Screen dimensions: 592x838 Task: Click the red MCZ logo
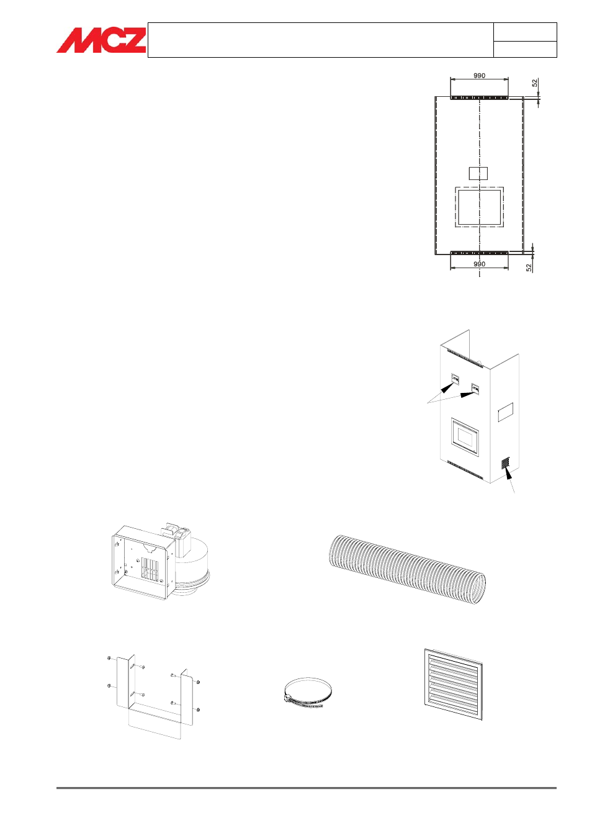(101, 40)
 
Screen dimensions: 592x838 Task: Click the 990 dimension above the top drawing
(479, 76)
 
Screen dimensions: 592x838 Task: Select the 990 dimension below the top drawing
(479, 264)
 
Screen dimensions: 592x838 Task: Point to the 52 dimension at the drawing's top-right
(535, 83)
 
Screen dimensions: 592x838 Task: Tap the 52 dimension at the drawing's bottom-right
(529, 268)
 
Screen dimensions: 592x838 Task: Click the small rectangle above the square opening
(478, 173)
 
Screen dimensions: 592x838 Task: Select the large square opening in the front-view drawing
(480, 207)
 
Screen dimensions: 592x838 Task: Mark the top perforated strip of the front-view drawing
(479, 98)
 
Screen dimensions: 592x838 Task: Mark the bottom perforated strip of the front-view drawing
(479, 253)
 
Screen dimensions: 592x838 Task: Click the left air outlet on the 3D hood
(455, 379)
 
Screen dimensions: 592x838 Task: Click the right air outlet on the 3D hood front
(475, 389)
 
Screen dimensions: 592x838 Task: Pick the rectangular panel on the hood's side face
(505, 412)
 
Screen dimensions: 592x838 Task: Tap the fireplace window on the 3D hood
(465, 438)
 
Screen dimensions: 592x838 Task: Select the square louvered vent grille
(454, 684)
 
